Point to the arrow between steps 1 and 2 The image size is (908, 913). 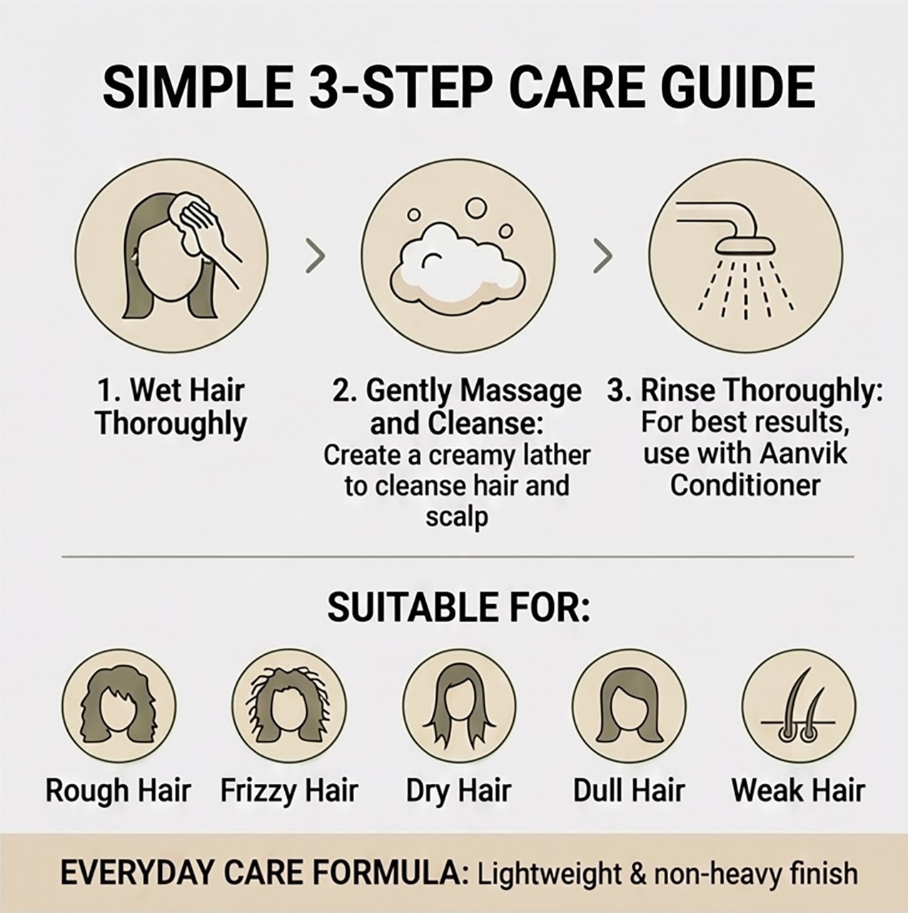pyautogui.click(x=316, y=256)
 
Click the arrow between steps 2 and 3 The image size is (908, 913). pyautogui.click(x=603, y=256)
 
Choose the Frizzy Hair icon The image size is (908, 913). pyautogui.click(x=289, y=705)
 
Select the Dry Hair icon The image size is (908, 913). pyautogui.click(x=459, y=705)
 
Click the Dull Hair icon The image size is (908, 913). pyautogui.click(x=630, y=705)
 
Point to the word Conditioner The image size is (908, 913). pyautogui.click(x=745, y=486)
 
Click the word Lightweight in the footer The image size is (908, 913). pyautogui.click(x=549, y=874)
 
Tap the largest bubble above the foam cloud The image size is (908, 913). pyautogui.click(x=477, y=207)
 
